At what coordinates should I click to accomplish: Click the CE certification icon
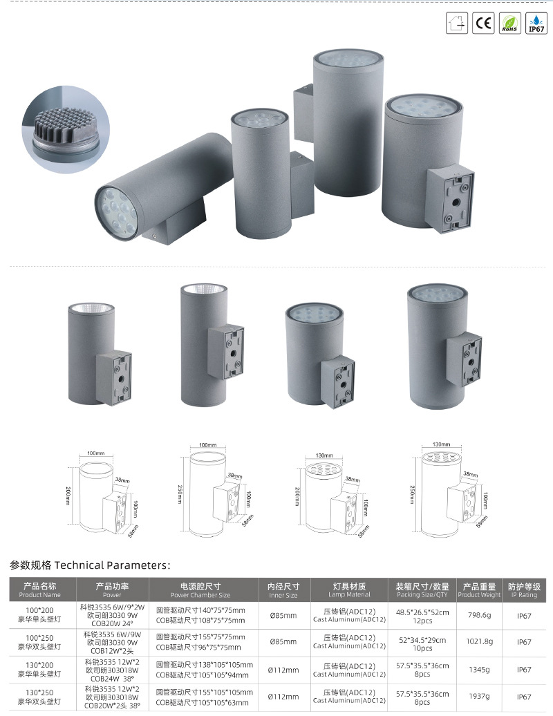[482, 23]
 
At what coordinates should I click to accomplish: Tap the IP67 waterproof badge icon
[536, 23]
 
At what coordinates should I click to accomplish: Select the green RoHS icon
[509, 23]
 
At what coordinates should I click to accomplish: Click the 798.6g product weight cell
[478, 614]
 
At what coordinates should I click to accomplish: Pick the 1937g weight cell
[478, 697]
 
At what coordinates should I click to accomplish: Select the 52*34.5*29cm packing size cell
[422, 642]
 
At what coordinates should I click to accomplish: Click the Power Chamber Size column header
[200, 590]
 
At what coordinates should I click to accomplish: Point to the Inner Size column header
[283, 590]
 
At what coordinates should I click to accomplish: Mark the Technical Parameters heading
[89, 565]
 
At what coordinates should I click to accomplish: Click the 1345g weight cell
[478, 670]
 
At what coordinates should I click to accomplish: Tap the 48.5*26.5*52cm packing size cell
[422, 614]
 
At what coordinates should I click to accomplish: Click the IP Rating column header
[524, 590]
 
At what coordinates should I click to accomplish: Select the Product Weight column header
[478, 590]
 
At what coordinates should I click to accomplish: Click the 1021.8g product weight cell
[478, 642]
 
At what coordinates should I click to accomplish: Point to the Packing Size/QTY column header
[422, 590]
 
